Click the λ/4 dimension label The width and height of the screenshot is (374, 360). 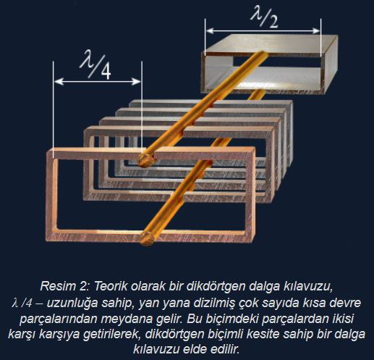(x=95, y=64)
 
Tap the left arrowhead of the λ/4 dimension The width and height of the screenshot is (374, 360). (x=59, y=82)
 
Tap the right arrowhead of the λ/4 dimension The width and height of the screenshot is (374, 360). (x=136, y=82)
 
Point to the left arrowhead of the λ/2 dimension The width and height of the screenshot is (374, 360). (x=211, y=31)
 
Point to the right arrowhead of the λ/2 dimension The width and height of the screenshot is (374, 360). (x=316, y=31)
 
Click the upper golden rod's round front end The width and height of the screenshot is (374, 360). (x=146, y=160)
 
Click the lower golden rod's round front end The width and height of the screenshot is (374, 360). (x=147, y=238)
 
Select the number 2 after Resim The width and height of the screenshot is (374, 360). (x=84, y=286)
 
